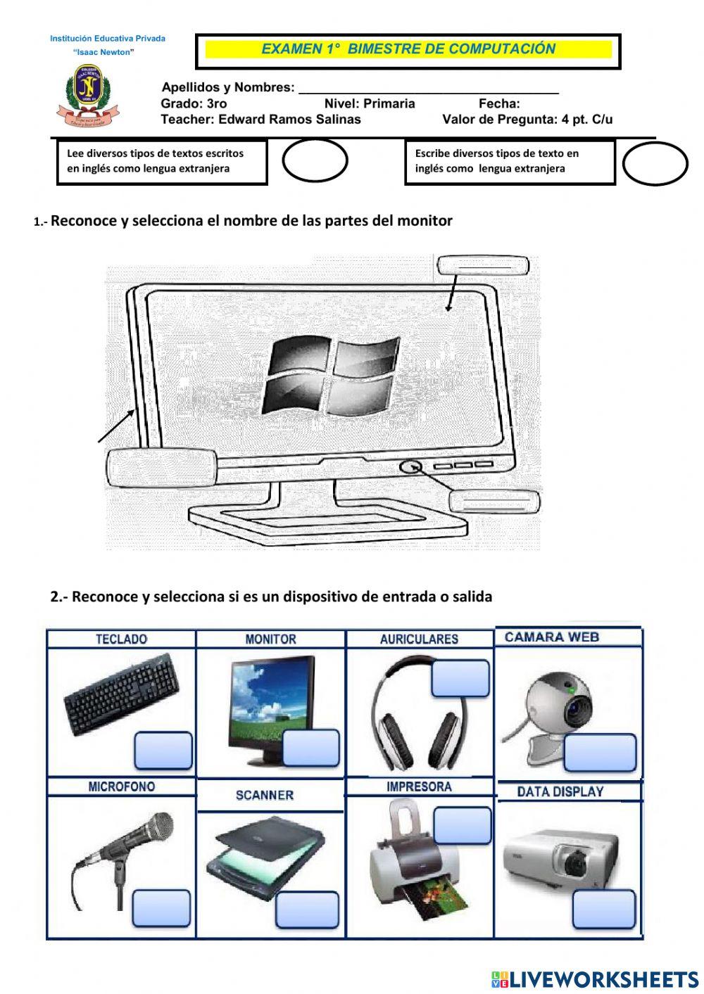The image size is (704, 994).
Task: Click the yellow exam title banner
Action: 408,49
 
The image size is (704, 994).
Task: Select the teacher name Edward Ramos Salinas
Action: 289,120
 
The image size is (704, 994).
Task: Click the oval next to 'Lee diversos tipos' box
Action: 315,161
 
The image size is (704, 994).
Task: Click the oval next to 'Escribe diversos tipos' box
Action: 655,163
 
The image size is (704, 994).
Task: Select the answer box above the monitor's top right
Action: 482,266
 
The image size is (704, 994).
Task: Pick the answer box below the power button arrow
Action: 495,502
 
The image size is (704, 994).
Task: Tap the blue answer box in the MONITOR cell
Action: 311,748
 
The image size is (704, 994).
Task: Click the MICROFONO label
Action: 121,787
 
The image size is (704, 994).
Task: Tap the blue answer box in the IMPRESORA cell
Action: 462,825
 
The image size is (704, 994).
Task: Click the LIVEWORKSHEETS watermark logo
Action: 595,979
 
